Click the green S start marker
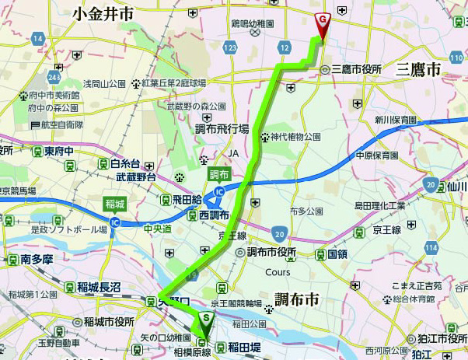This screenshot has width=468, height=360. tap(206, 319)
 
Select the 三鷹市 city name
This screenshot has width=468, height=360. tap(418, 69)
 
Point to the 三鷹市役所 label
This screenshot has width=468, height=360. tap(357, 69)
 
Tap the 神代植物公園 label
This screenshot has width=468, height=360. tap(296, 136)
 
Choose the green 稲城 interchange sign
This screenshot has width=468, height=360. tap(114, 205)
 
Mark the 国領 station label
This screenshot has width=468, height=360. tap(337, 253)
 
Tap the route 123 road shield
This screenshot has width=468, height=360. tap(229, 47)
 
